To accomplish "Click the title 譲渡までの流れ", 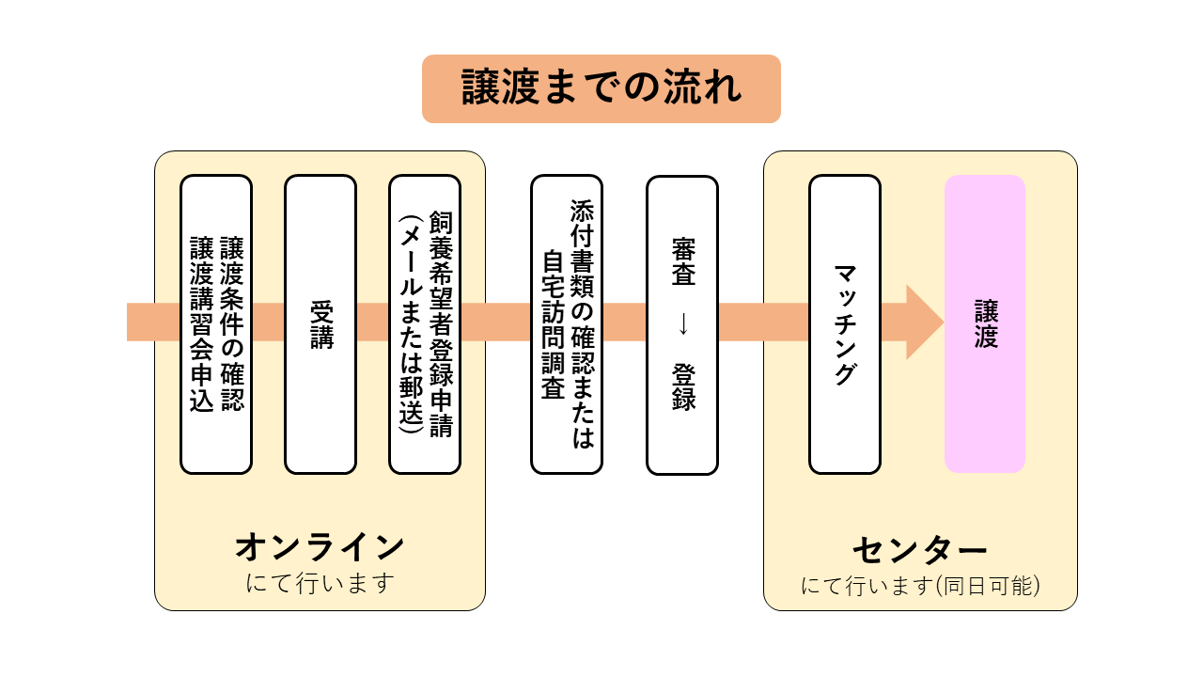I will coord(601,88).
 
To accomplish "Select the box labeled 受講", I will coord(320,323).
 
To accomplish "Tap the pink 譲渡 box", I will coord(985,323).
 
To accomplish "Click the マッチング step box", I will coord(845,323).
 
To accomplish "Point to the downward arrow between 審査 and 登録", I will coord(683,323).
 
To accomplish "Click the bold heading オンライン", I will coord(320,546).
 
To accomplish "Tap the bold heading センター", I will coord(920,549).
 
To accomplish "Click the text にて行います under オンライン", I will coord(320,583).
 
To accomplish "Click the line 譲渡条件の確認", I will coord(232,323).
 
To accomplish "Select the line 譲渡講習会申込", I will coord(202,323).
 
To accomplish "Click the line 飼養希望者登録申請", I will coord(440,323).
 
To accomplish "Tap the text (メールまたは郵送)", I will coord(410,323).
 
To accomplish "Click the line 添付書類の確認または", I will coord(582,323).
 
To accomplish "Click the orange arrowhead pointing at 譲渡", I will coord(923,323).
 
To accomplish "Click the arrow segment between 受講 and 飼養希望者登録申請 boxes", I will coord(372,323).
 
